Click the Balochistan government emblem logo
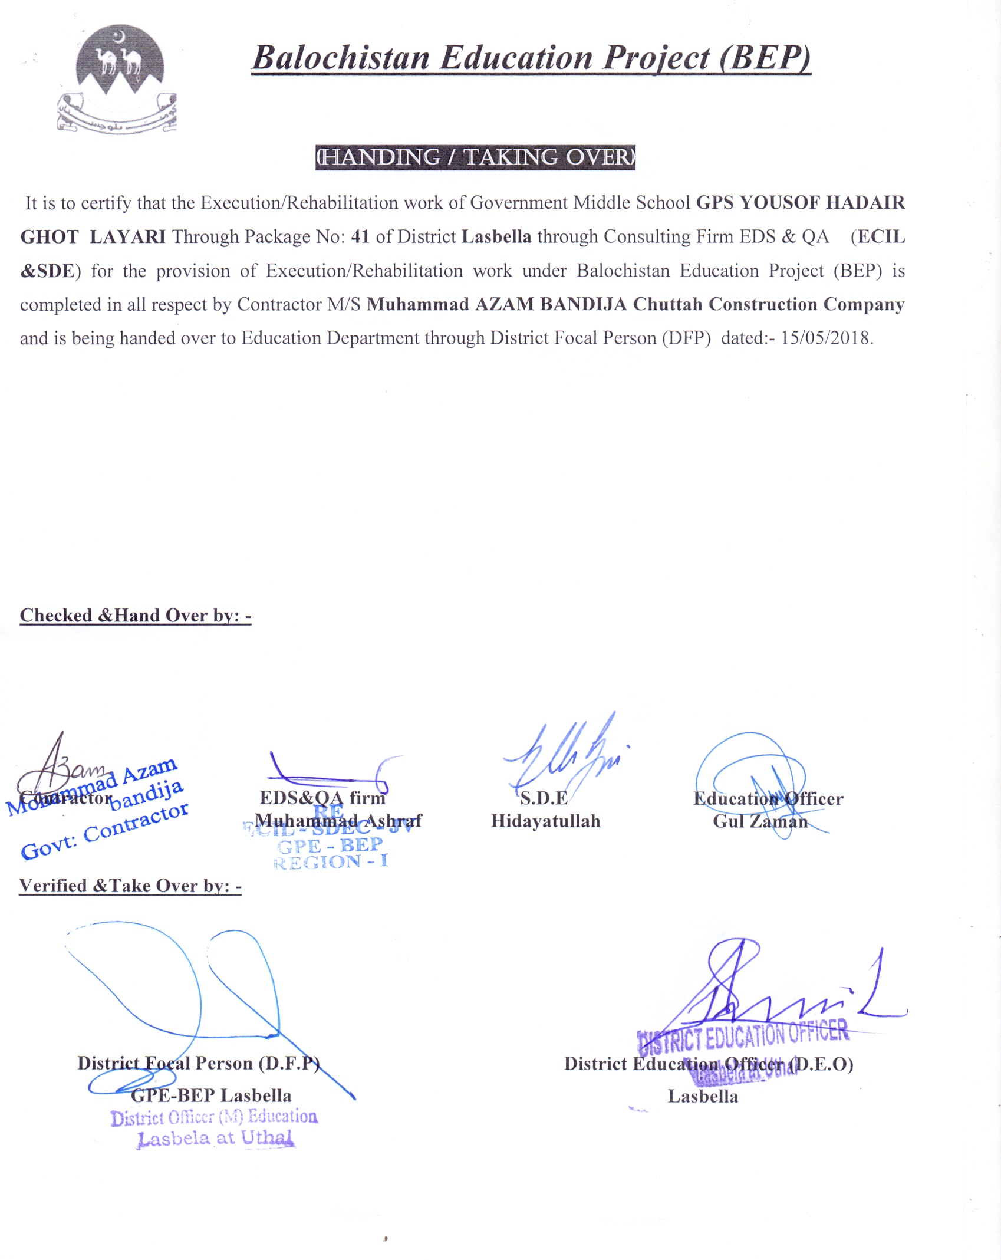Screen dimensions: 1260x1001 click(x=119, y=78)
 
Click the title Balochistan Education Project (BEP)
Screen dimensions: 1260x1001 click(x=531, y=58)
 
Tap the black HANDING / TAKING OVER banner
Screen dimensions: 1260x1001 click(x=475, y=157)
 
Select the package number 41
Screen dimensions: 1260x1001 click(x=360, y=237)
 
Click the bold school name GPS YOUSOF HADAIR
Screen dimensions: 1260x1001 click(x=800, y=203)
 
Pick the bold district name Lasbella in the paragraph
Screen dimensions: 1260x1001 click(x=496, y=237)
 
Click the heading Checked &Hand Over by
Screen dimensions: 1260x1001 click(x=136, y=616)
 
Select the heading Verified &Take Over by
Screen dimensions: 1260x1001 click(x=130, y=886)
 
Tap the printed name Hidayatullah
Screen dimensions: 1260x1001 click(x=545, y=821)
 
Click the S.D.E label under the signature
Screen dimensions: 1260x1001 click(x=544, y=798)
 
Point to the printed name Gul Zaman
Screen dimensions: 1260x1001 click(x=760, y=821)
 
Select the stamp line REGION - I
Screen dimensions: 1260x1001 click(x=331, y=862)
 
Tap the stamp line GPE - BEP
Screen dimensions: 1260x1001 click(x=330, y=846)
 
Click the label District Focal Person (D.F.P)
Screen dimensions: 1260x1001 click(x=198, y=1063)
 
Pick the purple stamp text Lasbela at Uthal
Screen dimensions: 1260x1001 click(x=215, y=1138)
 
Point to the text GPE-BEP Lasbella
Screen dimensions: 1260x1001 click(x=211, y=1095)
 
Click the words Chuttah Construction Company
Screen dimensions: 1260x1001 click(x=768, y=304)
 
